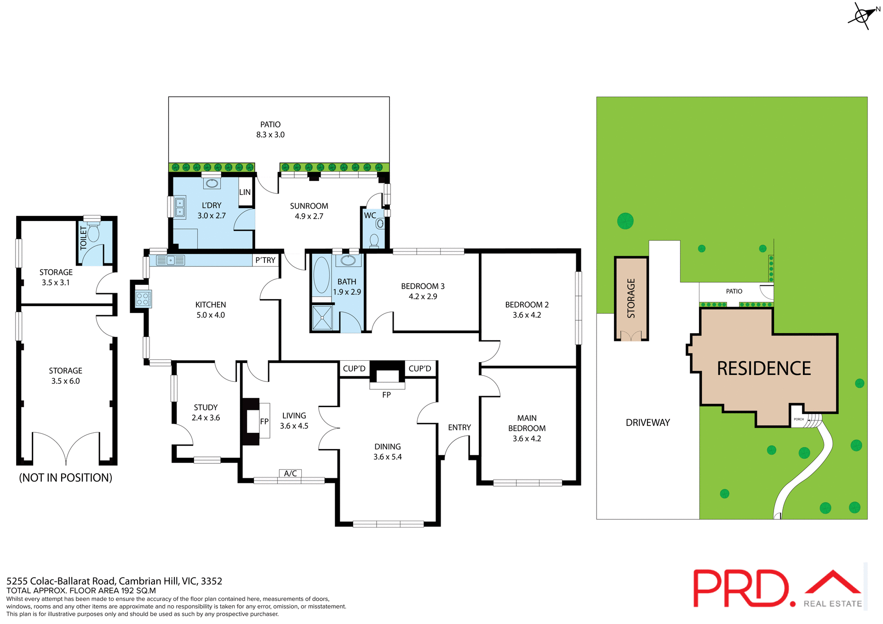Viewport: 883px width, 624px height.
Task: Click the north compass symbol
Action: tap(861, 16)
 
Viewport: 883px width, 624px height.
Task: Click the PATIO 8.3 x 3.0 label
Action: tap(270, 130)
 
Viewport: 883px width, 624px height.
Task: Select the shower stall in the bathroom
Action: tap(322, 318)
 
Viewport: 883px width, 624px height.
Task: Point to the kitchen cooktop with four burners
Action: tap(143, 299)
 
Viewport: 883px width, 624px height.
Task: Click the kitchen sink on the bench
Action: tap(170, 261)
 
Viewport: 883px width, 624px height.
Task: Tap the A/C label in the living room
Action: tap(291, 473)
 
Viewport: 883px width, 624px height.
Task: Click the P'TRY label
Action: tap(265, 260)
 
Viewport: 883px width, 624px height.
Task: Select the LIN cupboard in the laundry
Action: tap(245, 192)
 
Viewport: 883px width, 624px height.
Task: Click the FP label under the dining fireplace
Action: tap(386, 395)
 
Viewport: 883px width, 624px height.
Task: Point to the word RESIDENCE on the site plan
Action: tap(764, 369)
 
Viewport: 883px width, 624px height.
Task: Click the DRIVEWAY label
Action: tap(648, 422)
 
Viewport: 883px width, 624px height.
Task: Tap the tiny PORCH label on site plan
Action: tap(799, 419)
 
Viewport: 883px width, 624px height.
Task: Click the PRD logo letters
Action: tap(740, 589)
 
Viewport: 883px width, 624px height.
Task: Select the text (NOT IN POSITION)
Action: tap(66, 478)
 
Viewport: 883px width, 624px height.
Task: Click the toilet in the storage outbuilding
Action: tap(93, 233)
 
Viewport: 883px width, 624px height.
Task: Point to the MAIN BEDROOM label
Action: tap(527, 428)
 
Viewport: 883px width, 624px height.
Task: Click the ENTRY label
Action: tap(459, 427)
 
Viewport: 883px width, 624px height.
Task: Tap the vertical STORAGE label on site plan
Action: tap(631, 298)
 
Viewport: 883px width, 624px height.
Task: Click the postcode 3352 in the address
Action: tap(212, 581)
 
